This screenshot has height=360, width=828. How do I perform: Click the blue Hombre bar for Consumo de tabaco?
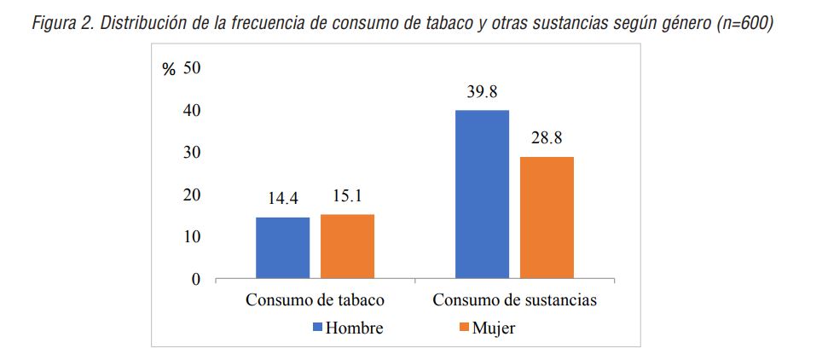click(283, 247)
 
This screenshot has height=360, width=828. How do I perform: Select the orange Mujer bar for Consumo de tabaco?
click(347, 246)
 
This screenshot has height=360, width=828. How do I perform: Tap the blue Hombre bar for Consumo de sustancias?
click(482, 195)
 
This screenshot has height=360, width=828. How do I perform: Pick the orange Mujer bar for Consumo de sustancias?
click(547, 218)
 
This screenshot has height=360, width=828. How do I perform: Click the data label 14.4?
click(283, 199)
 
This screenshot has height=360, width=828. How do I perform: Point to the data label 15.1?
click(347, 196)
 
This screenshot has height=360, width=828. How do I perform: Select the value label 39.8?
click(482, 92)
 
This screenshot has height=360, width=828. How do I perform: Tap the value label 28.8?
click(547, 138)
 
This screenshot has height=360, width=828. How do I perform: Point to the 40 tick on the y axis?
click(191, 110)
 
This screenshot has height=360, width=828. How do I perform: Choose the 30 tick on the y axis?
click(191, 152)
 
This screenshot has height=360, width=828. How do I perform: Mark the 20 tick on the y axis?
click(191, 195)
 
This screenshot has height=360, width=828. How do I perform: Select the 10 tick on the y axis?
click(191, 236)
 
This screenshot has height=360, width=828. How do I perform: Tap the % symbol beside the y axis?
click(169, 70)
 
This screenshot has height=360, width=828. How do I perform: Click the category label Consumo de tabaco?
click(315, 300)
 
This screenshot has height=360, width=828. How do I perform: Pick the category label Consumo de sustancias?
click(514, 300)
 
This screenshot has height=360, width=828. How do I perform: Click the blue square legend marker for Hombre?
click(318, 328)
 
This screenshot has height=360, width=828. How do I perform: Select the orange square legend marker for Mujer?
click(464, 328)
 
